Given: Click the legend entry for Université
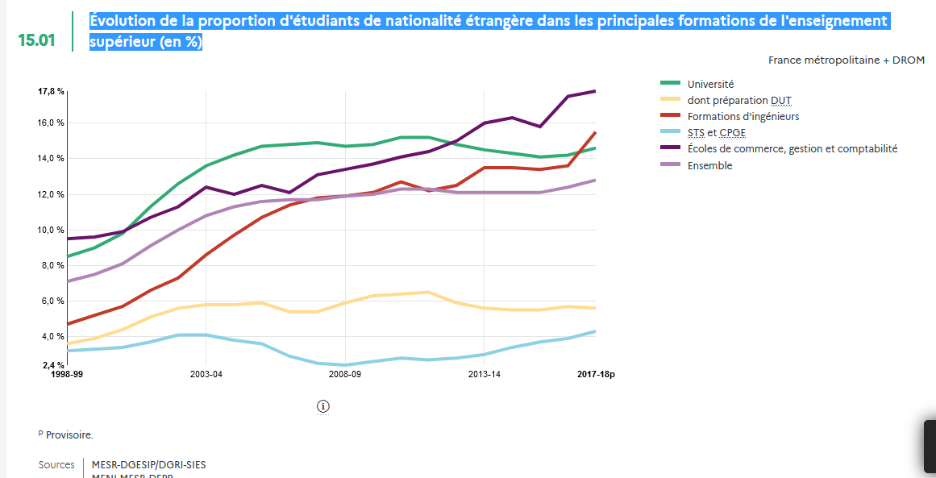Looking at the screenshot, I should (x=710, y=84).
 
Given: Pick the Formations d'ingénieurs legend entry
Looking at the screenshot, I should (x=743, y=116).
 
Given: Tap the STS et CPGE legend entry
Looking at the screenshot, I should (x=716, y=132).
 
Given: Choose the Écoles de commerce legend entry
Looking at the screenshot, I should (x=792, y=148).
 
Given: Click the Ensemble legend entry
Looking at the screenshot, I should (x=709, y=165).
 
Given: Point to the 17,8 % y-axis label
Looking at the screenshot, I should (x=51, y=91).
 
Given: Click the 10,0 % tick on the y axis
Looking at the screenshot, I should (x=51, y=230).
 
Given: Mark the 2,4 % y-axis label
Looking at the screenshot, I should (x=52, y=365).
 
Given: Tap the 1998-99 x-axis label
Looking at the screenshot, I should (x=67, y=374).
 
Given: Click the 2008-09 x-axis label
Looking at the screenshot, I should (x=345, y=374).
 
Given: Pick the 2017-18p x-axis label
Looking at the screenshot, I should (x=596, y=374).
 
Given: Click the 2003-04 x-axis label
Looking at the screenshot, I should (x=206, y=374).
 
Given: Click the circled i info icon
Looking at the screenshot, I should (x=323, y=405).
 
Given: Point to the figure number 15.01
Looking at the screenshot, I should (x=37, y=39).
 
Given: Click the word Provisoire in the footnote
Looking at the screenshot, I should (x=69, y=434).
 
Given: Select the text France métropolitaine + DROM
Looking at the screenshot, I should (x=847, y=60).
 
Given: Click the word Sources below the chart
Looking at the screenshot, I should (x=56, y=465).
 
